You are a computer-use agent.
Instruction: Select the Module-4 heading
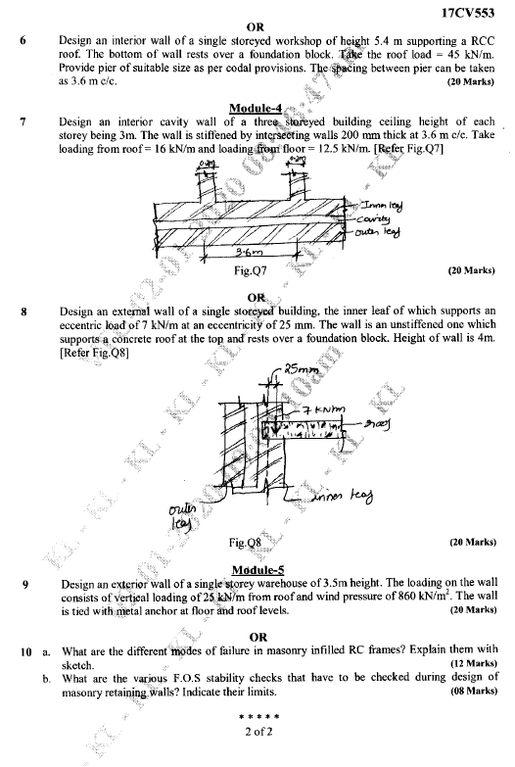coord(257,108)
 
